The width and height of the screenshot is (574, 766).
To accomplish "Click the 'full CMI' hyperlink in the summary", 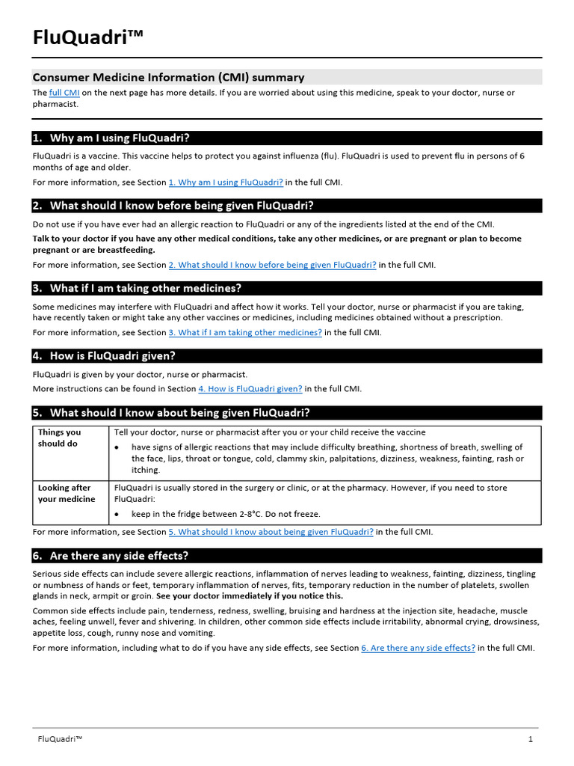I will click(x=64, y=93).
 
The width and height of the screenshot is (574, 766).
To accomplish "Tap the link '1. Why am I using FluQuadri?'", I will click(x=226, y=182).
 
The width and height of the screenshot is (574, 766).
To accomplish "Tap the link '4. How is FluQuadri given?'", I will click(x=250, y=389).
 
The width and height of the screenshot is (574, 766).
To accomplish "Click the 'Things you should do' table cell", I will click(x=60, y=438).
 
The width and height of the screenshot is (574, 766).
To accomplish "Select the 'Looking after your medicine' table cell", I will click(x=67, y=493).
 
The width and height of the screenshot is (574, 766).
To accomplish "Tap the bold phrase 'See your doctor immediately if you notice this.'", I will click(x=250, y=596).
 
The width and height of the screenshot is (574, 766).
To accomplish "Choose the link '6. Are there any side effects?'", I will click(x=418, y=648).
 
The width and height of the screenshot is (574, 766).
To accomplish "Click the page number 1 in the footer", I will click(x=530, y=740).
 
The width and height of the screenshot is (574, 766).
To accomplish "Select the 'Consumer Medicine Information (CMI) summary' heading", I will click(x=168, y=77).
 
